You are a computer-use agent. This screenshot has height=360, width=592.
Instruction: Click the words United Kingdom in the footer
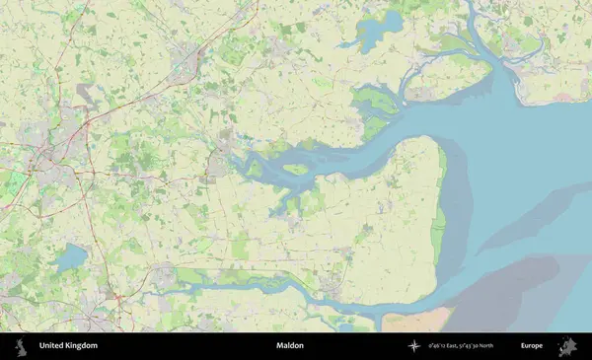68,346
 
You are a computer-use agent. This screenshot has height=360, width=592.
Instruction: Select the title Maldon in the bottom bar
290,346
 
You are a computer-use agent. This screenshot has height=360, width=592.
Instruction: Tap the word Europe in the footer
532,346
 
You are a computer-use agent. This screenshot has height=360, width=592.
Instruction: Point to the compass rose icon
412,346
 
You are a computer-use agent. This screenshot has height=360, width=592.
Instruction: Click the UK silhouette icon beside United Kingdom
20,346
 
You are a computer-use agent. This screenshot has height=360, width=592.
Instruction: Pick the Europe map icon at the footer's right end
568,346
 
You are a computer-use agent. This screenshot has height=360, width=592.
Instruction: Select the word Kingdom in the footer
82,346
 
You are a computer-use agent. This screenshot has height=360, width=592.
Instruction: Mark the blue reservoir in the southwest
70,259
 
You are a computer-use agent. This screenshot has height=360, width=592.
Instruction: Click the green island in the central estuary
296,169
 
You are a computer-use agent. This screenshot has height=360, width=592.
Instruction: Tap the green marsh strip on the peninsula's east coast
441,197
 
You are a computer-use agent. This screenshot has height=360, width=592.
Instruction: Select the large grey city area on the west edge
49,158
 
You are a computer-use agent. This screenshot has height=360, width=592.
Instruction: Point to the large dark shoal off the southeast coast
493,296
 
